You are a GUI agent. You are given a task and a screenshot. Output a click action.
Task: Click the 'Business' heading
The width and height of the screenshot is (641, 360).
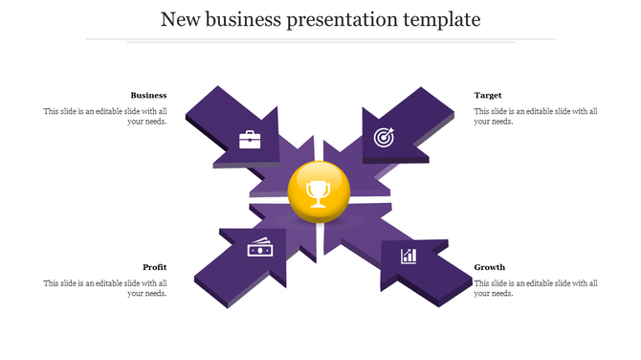[x=148, y=95]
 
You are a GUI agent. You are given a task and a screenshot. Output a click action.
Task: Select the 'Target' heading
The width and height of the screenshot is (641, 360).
[x=488, y=95]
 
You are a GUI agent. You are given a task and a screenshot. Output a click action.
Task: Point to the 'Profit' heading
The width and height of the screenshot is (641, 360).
[x=155, y=267]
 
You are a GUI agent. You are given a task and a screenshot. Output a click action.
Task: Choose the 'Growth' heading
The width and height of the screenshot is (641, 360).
[x=490, y=267]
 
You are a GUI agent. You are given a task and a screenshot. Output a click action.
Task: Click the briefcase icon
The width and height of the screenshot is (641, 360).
[x=250, y=140]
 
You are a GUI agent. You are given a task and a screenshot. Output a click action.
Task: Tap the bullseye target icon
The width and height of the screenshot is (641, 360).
[x=383, y=137]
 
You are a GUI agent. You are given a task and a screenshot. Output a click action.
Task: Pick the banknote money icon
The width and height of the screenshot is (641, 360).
[x=260, y=248]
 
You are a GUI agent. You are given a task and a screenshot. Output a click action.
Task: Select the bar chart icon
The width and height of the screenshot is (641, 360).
[x=409, y=255]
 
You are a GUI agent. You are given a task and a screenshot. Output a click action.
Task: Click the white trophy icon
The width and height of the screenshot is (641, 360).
[x=318, y=195]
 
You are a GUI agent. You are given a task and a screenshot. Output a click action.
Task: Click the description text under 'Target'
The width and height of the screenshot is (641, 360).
[x=536, y=116]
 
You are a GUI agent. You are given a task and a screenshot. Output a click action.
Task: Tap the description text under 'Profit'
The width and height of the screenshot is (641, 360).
[x=105, y=288]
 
